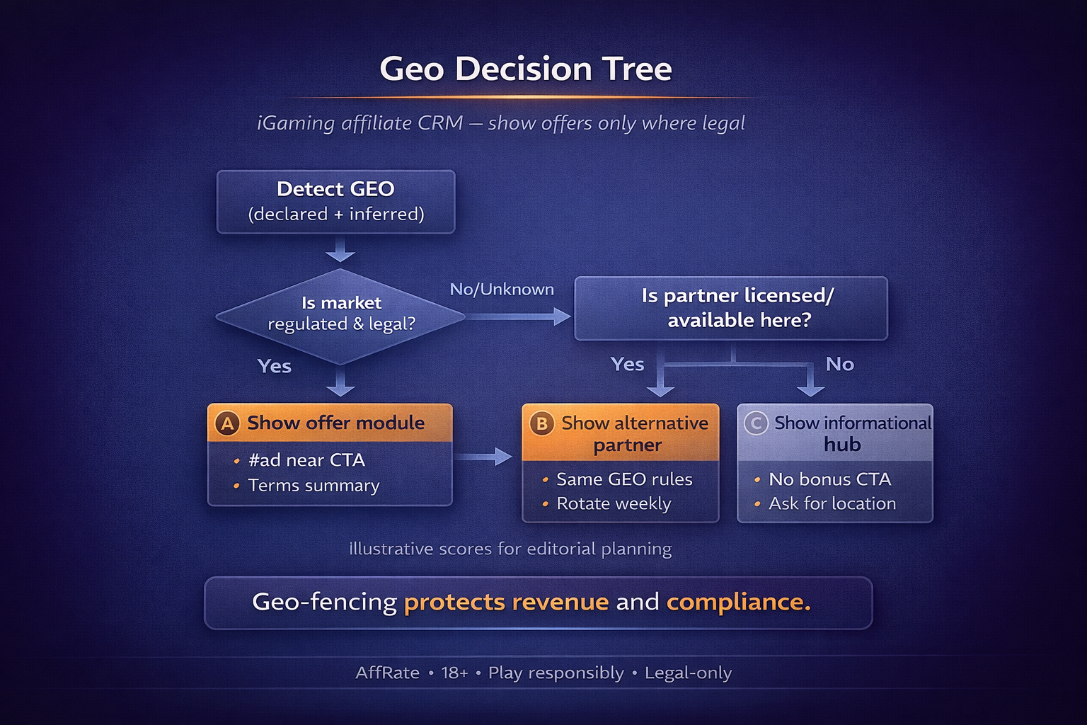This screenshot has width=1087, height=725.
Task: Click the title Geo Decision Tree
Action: (x=525, y=69)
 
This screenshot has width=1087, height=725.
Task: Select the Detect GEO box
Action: (x=335, y=201)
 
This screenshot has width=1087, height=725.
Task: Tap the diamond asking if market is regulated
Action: (x=340, y=314)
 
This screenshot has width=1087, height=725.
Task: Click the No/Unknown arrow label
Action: (x=502, y=289)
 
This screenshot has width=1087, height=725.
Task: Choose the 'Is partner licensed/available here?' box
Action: (x=730, y=308)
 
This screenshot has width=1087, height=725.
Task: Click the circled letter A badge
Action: (x=227, y=423)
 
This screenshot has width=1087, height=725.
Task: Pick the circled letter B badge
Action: (x=541, y=423)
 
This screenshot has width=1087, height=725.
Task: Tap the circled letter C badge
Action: (x=756, y=423)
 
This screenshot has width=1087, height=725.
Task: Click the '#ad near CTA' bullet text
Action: (x=306, y=460)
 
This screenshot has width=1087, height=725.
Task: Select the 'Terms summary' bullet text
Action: (x=314, y=486)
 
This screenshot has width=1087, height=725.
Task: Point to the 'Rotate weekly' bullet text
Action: (x=614, y=503)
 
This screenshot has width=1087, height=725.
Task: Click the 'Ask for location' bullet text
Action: (x=832, y=503)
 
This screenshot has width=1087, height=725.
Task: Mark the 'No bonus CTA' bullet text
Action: (x=829, y=479)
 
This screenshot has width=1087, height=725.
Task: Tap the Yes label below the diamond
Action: (x=275, y=366)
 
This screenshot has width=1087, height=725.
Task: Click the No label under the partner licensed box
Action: (x=839, y=364)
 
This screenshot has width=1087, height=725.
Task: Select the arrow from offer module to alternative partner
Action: (x=483, y=457)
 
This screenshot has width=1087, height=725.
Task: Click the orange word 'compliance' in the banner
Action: (x=737, y=602)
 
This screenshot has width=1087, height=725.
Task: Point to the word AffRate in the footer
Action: (x=387, y=673)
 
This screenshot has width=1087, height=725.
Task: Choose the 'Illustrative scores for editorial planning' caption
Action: (x=510, y=549)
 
